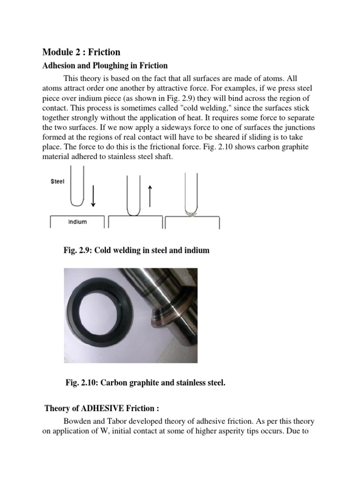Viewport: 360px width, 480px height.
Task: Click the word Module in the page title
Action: [58, 52]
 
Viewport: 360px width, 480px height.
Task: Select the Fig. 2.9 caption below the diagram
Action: [136, 250]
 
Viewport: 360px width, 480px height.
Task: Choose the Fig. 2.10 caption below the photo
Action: [145, 383]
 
